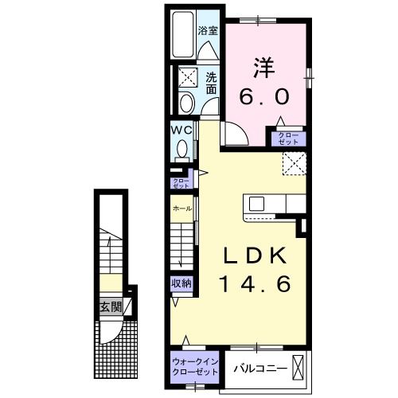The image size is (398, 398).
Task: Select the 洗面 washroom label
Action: click(210, 84)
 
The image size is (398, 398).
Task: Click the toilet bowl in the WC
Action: click(182, 149)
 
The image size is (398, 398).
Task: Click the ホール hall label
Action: click(181, 208)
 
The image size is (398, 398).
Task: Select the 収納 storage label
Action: click(181, 283)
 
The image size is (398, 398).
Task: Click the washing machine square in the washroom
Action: click(189, 77)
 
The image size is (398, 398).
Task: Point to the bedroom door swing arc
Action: click(232, 135)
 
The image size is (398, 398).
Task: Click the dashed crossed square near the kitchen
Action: click(295, 162)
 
